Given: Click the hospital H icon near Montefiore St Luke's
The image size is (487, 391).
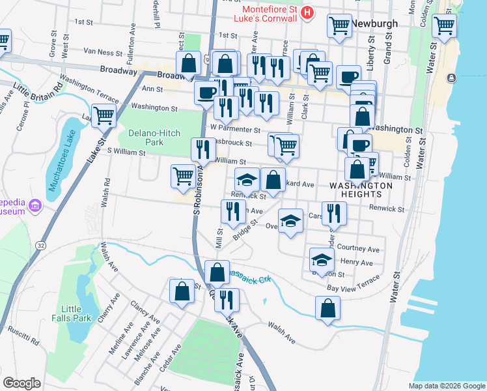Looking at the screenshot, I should click(307, 12).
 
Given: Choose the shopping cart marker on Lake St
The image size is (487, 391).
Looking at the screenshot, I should click(104, 117).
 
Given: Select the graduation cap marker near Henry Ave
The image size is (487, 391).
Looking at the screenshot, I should click(320, 259).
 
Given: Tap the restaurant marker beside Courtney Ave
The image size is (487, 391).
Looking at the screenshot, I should click(334, 212).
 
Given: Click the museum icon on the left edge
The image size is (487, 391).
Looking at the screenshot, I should click(35, 207).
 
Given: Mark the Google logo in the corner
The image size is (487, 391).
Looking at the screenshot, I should click(21, 383).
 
